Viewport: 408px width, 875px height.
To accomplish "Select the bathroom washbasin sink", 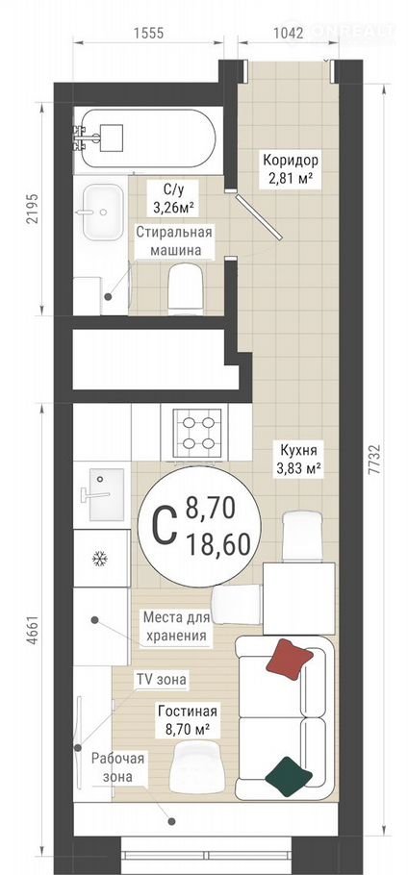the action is pos(103,212).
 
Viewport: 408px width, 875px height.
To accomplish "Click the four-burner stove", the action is pos(194,433).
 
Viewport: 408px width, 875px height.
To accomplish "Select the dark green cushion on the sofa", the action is pos(288,776).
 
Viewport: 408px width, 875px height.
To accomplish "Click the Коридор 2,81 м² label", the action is pos(291,170).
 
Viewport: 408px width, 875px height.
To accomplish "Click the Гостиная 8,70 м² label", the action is pos(187,720).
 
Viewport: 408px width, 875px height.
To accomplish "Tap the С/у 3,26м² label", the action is pos(173,199).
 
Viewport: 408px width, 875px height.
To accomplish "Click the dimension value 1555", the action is pos(148,33).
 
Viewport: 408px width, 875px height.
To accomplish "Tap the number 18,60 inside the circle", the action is pos(218,544).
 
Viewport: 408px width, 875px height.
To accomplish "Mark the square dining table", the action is pos(298,598).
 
